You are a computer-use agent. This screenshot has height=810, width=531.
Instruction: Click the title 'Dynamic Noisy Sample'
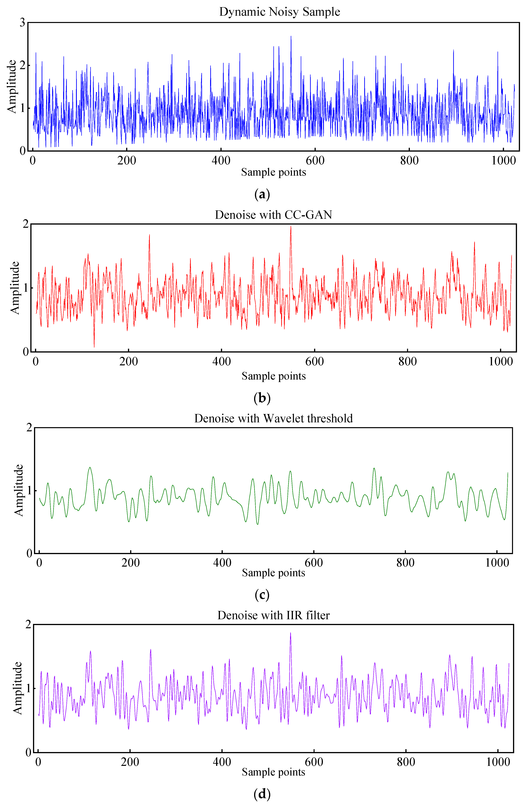(279, 12)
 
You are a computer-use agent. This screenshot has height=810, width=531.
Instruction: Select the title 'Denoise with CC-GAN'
(273, 215)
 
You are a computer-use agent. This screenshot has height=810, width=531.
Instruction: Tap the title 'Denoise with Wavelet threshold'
(273, 418)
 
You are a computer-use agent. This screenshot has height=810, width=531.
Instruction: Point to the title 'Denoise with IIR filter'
(273, 615)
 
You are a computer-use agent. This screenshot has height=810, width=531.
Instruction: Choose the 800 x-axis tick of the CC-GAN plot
(407, 362)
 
